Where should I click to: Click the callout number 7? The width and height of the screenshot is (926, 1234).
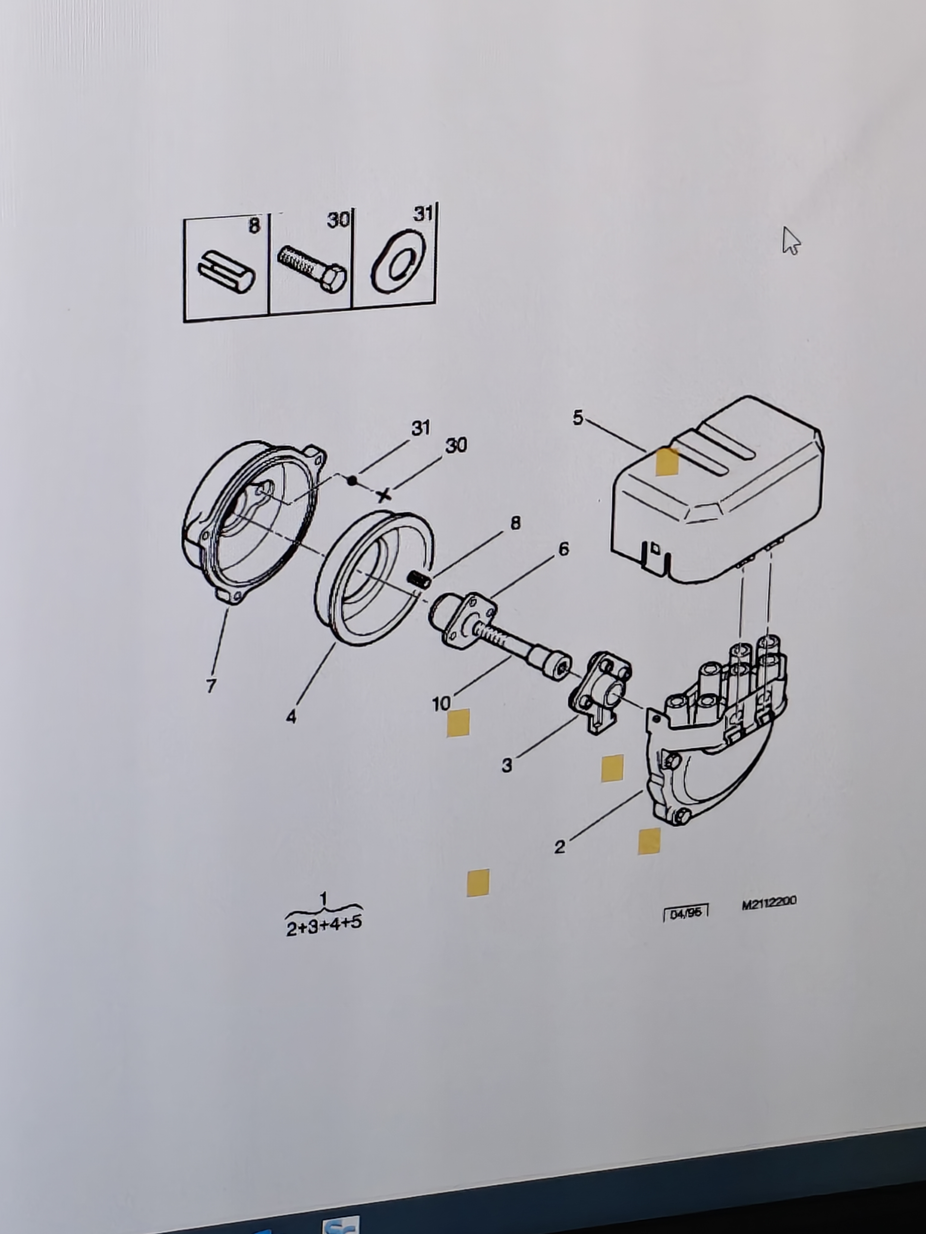pos(211,686)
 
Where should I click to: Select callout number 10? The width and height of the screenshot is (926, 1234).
pos(441,703)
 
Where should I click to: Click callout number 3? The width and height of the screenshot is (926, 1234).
pos(506,766)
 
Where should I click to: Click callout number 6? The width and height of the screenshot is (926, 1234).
pos(564,550)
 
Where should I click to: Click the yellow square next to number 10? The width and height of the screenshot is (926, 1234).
pos(458,723)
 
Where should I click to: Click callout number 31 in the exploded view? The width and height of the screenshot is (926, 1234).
pos(421,428)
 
